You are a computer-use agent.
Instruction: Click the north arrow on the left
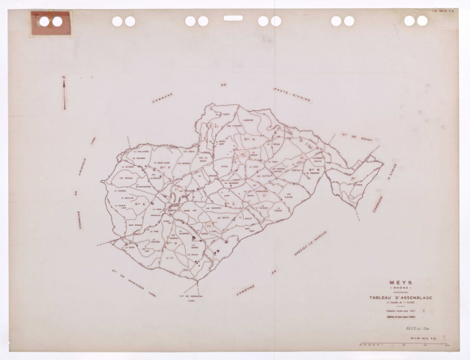coord(64,93)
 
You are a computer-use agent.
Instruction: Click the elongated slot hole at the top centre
coord(233,18)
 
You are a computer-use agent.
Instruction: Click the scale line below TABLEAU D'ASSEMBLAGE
coord(405,302)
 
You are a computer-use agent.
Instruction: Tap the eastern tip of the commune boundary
coord(382,163)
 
